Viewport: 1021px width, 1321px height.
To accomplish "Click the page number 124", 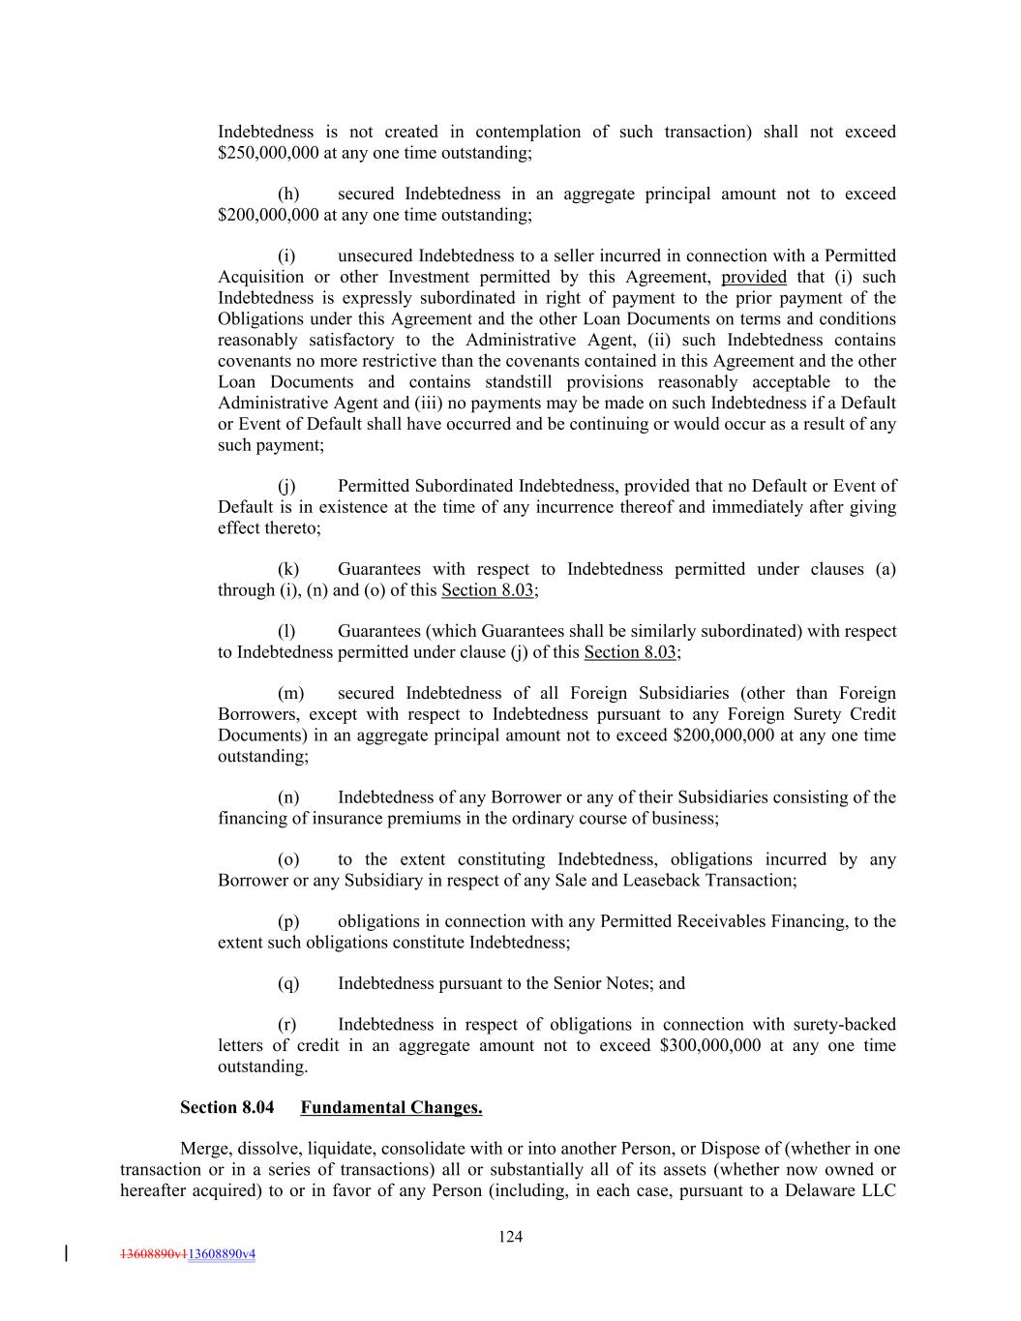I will [x=511, y=1236].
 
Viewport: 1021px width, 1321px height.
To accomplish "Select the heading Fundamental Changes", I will [x=391, y=1107].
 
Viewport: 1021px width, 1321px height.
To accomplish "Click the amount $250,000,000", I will [x=268, y=153].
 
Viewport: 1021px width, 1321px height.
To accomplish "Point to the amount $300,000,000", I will [x=709, y=1045].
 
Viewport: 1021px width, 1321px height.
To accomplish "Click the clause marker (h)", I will [x=287, y=194].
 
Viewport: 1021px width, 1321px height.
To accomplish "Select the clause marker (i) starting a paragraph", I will [x=286, y=255].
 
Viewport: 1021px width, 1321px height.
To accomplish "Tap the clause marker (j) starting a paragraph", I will [x=286, y=486].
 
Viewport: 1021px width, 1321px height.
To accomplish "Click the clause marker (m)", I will [x=289, y=693].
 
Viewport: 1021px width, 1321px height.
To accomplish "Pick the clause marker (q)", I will [x=287, y=983].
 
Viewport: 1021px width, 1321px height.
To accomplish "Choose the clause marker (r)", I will [x=287, y=1024].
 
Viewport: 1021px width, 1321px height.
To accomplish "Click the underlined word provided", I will [x=754, y=277].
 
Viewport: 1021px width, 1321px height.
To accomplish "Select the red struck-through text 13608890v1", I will [x=153, y=1253].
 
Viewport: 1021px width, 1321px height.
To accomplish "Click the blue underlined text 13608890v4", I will [x=222, y=1253].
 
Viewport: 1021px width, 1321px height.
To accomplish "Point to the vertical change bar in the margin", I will [x=66, y=1253].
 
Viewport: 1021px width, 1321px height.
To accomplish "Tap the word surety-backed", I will [x=845, y=1024].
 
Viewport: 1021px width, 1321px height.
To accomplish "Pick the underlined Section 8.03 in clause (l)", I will [x=629, y=652].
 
